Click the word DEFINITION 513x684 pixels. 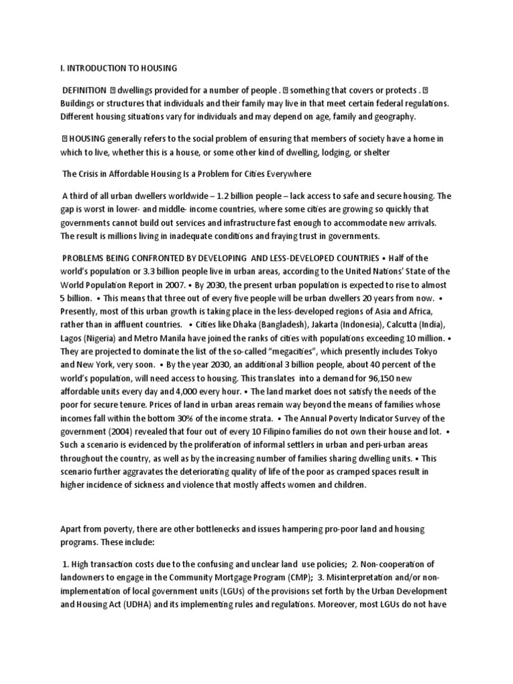(84, 90)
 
